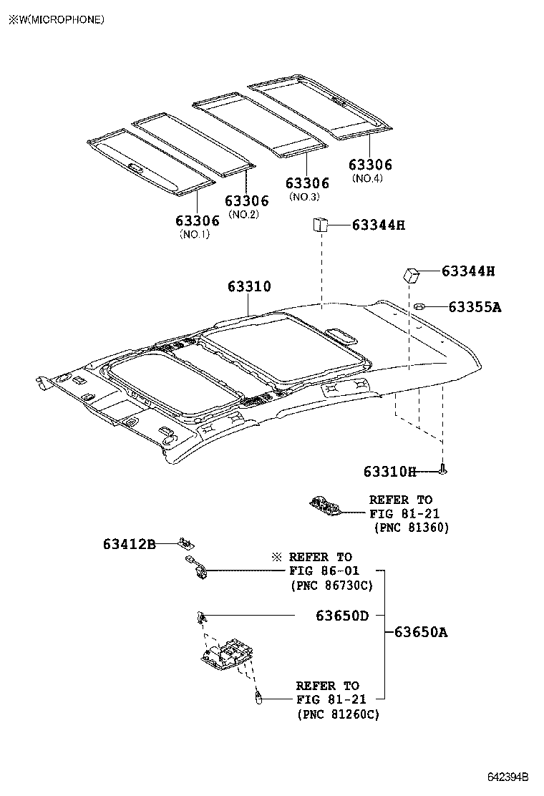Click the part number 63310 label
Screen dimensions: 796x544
tap(249, 287)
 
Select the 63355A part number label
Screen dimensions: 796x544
tap(475, 307)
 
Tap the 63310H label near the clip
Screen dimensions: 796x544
tap(389, 471)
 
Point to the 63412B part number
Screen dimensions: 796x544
tap(129, 544)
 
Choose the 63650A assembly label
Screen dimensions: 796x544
tap(421, 632)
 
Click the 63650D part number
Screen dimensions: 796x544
tap(342, 615)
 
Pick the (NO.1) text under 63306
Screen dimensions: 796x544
tap(194, 234)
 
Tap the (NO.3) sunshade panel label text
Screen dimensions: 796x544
tap(303, 197)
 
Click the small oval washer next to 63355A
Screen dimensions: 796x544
tap(419, 307)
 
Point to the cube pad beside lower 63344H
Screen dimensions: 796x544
tap(410, 274)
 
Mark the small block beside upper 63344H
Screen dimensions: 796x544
tap(319, 225)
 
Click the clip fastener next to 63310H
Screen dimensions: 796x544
tap(444, 470)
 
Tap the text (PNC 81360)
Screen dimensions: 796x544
tap(412, 528)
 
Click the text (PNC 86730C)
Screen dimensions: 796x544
tap(331, 585)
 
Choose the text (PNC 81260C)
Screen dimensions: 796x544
tap(338, 714)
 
